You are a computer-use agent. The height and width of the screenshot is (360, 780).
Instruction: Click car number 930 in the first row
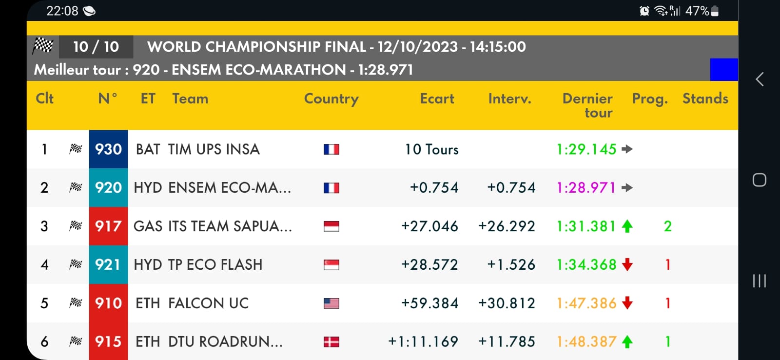point(108,149)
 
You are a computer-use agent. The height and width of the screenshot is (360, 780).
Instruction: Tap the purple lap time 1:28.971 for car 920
point(586,188)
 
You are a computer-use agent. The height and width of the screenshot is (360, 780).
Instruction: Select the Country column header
point(331,99)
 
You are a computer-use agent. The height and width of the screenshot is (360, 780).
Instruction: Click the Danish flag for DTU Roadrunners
point(331,342)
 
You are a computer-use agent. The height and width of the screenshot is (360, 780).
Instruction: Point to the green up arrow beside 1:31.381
point(627,226)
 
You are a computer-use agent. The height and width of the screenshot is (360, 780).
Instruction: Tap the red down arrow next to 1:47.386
point(627,303)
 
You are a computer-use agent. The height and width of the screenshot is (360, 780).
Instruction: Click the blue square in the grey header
point(724,70)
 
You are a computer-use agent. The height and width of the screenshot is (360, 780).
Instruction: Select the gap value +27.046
point(429,226)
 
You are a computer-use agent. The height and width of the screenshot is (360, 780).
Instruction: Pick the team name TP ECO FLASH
point(215,265)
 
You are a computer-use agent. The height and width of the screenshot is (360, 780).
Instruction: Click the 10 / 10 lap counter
point(96,47)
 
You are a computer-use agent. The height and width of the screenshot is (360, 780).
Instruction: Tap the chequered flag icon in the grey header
point(43,46)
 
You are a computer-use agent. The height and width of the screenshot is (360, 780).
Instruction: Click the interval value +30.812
point(507,303)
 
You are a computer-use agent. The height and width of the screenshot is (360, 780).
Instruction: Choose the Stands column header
point(705,99)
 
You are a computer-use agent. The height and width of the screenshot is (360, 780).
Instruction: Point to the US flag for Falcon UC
point(331,303)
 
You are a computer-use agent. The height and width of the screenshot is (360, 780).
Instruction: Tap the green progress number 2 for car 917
point(668,226)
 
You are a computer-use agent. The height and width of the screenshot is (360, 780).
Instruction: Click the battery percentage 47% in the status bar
point(697,11)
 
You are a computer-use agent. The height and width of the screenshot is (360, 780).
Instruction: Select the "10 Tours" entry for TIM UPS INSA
point(431,149)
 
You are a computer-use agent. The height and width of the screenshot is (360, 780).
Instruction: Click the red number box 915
point(108,341)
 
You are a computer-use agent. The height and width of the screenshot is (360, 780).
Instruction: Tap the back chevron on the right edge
point(760,80)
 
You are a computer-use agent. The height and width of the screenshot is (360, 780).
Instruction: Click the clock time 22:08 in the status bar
point(62,11)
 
